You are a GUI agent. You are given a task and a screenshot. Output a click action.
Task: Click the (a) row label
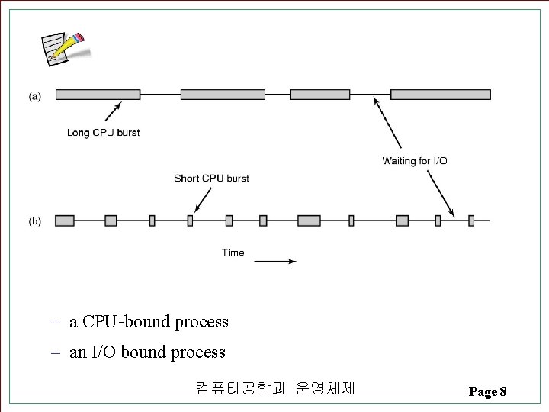[35, 96]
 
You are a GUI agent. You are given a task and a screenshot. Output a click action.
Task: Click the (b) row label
[35, 221]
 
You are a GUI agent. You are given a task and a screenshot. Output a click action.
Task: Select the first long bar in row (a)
[98, 95]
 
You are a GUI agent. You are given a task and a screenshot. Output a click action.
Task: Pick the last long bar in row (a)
[440, 95]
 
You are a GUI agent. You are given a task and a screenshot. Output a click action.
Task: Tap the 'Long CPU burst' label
[103, 133]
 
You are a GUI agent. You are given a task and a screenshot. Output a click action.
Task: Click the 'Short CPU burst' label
[211, 179]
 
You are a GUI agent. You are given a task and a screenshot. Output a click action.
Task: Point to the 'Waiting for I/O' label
[415, 161]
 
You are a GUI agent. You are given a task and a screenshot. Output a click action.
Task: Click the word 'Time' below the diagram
[233, 253]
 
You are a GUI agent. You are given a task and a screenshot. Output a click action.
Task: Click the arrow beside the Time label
[274, 262]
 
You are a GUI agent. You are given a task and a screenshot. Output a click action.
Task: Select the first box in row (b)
[65, 220]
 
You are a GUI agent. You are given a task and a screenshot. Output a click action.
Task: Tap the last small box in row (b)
[471, 220]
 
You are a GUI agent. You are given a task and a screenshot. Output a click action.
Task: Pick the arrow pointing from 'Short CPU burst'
[201, 201]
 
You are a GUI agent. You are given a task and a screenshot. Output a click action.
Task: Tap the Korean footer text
[275, 388]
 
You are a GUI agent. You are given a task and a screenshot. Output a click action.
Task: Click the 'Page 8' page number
[487, 392]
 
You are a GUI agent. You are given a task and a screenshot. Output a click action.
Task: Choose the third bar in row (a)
[320, 95]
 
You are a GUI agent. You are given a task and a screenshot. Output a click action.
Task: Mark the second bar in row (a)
[223, 95]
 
